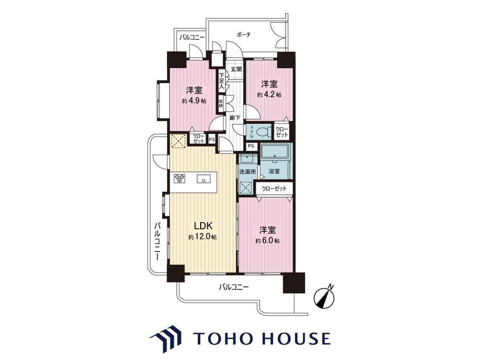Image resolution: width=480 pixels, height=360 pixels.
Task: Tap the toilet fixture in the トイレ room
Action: point(263,132)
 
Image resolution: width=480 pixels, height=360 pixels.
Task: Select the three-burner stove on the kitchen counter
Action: point(180,179)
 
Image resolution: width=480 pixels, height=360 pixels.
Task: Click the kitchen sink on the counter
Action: point(203,179)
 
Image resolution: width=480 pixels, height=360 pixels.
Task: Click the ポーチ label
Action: point(244,35)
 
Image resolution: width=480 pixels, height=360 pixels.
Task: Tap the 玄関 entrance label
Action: point(236,69)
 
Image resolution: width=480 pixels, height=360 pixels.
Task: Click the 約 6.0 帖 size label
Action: point(268,240)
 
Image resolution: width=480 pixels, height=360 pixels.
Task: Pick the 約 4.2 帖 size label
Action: point(269,95)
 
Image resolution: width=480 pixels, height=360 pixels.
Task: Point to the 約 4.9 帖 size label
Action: point(194,101)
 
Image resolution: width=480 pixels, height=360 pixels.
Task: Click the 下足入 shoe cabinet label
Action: point(221,81)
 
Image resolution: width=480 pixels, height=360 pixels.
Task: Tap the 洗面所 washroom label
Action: point(248,172)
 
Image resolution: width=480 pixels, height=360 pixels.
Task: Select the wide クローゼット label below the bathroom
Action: point(274,188)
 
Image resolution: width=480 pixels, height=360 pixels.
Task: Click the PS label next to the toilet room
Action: point(251,146)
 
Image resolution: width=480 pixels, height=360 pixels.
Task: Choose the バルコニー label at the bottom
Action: point(234,287)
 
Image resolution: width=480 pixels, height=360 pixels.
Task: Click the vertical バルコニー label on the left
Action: point(157,241)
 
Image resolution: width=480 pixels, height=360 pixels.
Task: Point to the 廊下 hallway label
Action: point(235,118)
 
